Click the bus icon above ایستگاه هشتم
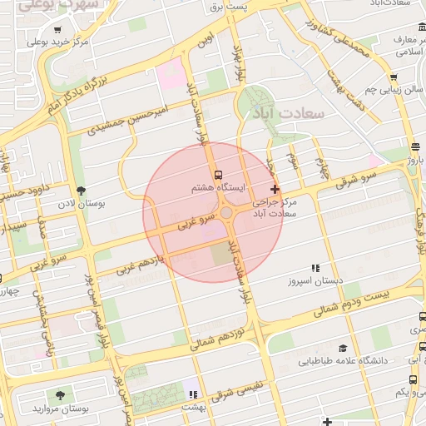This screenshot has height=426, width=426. point(218,176)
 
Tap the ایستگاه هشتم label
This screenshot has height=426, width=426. point(218,189)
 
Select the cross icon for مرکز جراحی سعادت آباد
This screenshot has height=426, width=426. point(275,190)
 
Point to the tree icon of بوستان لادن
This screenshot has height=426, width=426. point(80,191)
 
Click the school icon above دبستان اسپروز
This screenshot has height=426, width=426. point(315,268)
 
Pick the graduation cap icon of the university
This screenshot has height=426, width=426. point(343,349)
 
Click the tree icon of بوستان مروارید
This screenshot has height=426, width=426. point(59,396)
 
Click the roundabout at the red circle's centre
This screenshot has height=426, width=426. point(226,214)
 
